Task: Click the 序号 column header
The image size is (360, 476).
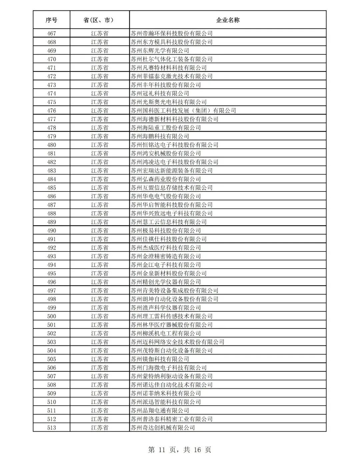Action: coord(51,20)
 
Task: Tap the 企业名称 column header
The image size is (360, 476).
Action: coord(228,20)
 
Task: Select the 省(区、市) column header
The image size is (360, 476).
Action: coord(99,20)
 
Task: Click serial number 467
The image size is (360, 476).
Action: coord(51,33)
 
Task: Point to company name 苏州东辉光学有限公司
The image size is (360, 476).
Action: coord(160,51)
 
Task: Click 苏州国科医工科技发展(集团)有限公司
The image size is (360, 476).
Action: coord(183,111)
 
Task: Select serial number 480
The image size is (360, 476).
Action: coord(51,145)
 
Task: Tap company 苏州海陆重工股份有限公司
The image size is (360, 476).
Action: coord(166,128)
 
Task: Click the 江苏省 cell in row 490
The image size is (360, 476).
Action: coord(99,231)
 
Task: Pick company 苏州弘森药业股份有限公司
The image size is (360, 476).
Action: coord(166,179)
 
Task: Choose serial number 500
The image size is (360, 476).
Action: coord(51,317)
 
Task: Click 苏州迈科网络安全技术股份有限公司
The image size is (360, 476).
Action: coord(177,342)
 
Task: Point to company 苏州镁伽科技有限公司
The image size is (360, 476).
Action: coord(160,359)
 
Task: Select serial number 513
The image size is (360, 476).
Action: coord(51,428)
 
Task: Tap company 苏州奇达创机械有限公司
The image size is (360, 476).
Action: coord(163,428)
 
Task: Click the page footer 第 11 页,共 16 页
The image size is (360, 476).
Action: coord(180,450)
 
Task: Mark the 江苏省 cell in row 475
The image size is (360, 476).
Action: coord(99,102)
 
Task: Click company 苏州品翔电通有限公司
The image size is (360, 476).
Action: coord(160,411)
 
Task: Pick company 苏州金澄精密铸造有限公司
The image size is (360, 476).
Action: coord(166,257)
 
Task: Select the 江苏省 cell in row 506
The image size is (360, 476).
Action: coord(99,368)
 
